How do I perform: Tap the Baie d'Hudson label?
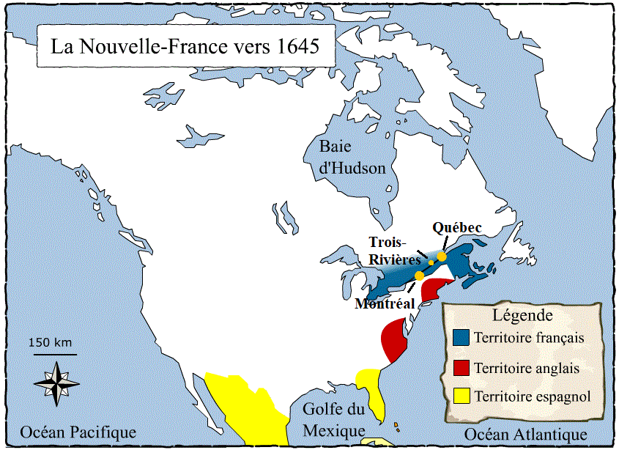352,157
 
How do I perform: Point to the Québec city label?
456,228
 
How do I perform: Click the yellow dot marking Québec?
442,257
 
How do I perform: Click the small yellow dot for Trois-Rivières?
431,262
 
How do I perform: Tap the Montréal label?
385,303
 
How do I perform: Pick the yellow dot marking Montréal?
418,276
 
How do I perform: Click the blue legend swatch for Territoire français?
461,338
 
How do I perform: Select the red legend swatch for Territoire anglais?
461,367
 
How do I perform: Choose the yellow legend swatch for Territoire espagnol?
461,396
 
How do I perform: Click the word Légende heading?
522,316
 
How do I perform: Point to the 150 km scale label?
51,342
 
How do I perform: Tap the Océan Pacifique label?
78,432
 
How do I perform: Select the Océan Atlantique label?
526,434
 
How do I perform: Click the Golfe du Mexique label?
333,420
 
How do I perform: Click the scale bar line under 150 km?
55,354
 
